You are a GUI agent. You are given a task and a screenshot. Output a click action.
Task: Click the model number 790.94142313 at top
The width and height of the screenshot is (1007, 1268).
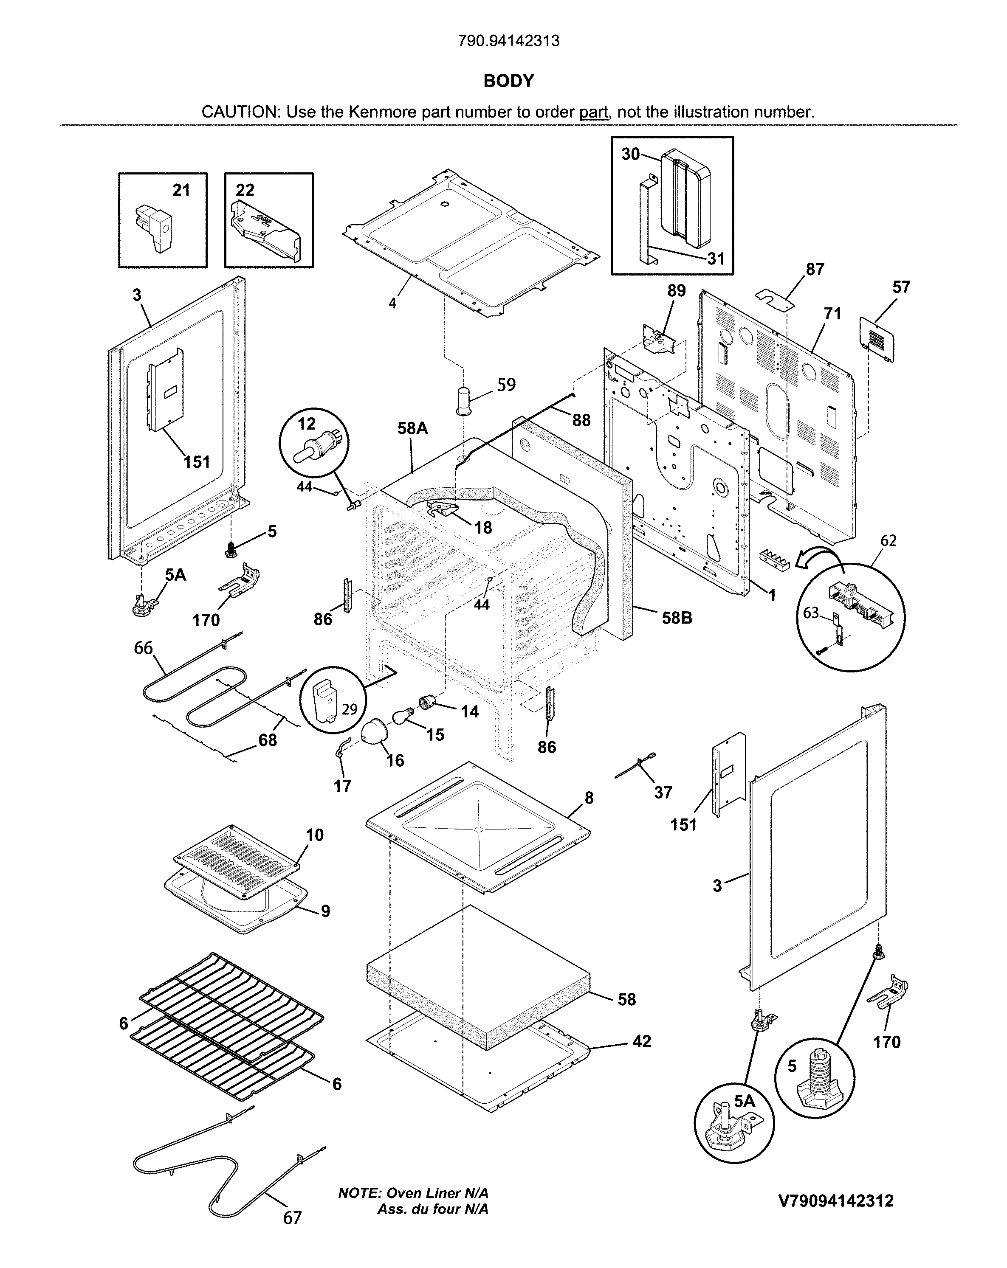click(508, 41)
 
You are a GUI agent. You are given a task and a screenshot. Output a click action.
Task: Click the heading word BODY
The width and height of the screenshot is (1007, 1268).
click(508, 81)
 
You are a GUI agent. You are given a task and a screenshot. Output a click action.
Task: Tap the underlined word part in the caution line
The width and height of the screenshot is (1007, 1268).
click(593, 112)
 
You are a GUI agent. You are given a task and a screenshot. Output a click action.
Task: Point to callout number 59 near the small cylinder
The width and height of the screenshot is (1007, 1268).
click(506, 385)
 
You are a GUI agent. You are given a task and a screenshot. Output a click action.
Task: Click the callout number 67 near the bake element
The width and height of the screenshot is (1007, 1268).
click(292, 1217)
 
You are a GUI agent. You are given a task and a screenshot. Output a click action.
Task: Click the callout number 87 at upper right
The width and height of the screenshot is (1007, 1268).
click(815, 270)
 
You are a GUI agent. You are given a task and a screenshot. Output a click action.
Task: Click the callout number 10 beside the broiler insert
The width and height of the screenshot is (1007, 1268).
click(314, 835)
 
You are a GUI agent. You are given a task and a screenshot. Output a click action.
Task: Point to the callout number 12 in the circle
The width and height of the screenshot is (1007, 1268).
click(306, 424)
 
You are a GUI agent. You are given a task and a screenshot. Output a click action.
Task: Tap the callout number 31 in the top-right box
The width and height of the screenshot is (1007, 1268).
click(715, 259)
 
